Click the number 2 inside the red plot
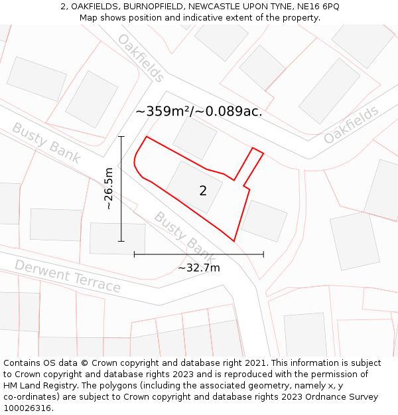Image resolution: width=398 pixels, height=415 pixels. pos(203,191)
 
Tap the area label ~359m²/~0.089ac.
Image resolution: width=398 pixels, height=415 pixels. pos(199,112)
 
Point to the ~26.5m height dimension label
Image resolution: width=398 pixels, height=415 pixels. pos(109,189)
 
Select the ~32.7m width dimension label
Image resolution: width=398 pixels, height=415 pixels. pos(199,268)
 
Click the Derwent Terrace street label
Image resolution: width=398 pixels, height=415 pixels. pos(68,276)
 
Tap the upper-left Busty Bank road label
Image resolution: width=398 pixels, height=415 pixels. pos(46,143)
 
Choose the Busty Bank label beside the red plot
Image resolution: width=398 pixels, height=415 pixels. pos(184,236)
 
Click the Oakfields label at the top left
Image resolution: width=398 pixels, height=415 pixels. pos(141,58)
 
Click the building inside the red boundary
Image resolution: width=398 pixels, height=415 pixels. pos(194,187)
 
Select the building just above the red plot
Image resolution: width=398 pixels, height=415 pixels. pos(194,138)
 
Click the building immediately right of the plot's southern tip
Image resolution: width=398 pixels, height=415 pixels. pos(264,220)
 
